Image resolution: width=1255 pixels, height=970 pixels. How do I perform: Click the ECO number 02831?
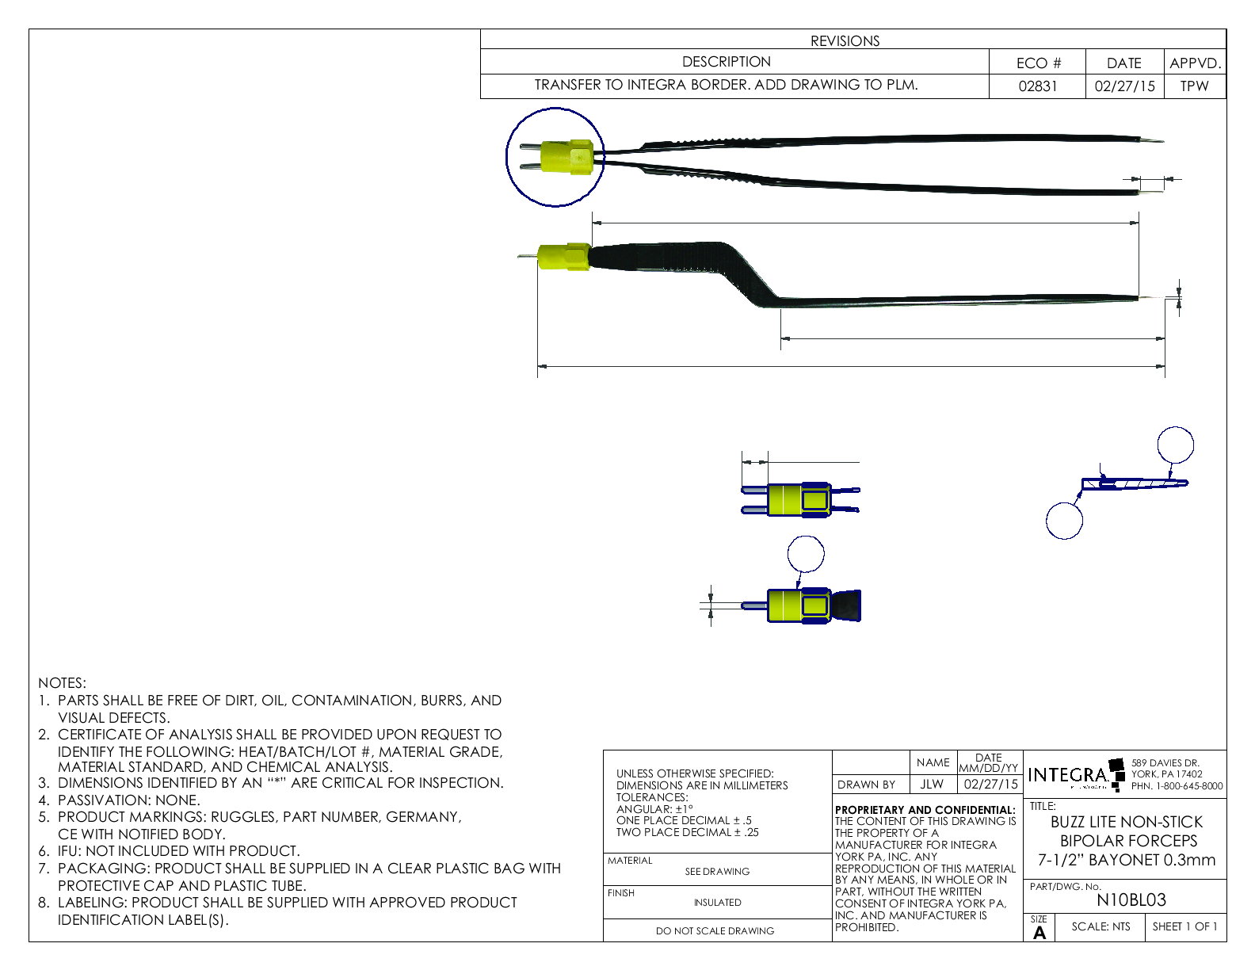[1037, 86]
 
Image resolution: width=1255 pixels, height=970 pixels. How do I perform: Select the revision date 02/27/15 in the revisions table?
[1124, 86]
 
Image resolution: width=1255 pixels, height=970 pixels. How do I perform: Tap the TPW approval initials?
[1194, 86]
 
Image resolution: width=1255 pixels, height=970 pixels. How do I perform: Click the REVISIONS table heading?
[845, 41]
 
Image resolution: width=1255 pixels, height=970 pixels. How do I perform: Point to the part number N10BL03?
[1131, 900]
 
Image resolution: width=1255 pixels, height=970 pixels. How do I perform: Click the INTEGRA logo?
[1068, 775]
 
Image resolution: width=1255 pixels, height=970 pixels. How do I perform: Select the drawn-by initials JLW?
[932, 785]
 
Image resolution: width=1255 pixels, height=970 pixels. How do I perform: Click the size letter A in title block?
[1039, 934]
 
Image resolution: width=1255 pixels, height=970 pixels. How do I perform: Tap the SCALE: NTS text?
[1101, 926]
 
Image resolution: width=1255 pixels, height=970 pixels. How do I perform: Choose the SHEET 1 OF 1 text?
[1184, 926]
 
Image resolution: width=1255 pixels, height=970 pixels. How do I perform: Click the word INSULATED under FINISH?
[717, 903]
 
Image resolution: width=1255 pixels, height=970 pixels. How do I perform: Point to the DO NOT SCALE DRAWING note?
[715, 931]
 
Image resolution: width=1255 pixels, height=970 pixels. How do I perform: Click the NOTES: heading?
[62, 683]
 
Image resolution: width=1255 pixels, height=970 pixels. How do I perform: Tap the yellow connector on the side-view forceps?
[563, 258]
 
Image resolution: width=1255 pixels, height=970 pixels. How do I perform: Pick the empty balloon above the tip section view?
[1175, 445]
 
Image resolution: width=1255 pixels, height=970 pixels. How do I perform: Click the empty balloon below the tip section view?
[1064, 521]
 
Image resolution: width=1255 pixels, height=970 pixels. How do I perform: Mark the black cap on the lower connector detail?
[845, 605]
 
